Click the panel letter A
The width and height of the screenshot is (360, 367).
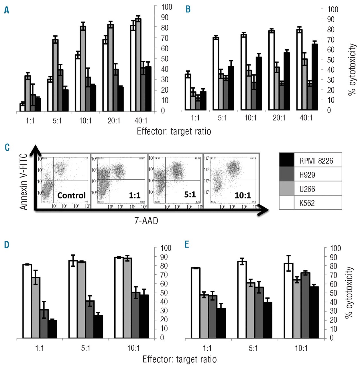[x=7, y=11]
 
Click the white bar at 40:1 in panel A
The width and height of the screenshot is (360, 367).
[x=133, y=69]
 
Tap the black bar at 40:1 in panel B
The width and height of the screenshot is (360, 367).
[x=315, y=77]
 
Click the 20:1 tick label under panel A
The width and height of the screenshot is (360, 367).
[x=114, y=121]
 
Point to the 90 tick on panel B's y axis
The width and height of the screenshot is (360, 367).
[x=331, y=19]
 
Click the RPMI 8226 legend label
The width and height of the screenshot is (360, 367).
[x=316, y=161]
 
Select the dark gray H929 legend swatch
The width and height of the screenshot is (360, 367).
[x=286, y=174]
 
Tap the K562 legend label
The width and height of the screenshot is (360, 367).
[x=307, y=203]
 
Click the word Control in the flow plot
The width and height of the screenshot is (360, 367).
[x=71, y=196]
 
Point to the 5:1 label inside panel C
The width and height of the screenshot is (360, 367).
[x=190, y=195]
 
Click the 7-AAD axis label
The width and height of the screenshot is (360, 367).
[x=146, y=221]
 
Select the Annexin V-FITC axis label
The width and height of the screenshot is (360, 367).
[x=23, y=181]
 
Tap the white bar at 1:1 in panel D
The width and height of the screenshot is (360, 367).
[x=27, y=301]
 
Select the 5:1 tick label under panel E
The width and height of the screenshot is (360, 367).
[x=253, y=348]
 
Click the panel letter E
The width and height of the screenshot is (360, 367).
[x=187, y=245]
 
